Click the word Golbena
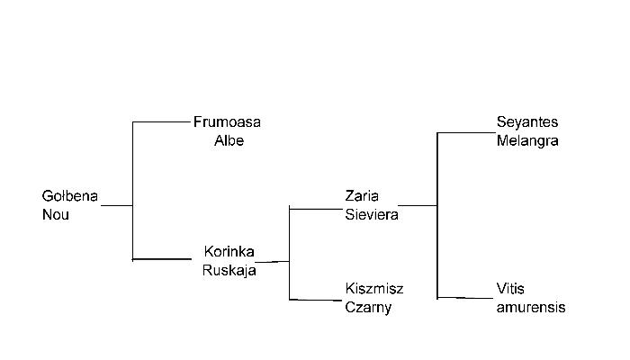point(70,196)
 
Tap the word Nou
point(56,215)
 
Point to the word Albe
point(229,141)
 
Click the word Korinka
point(229,251)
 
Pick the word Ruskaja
point(229,269)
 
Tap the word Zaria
point(362,195)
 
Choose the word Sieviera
point(372,214)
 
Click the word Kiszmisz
point(374,289)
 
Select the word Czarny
point(369,308)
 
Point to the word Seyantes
point(527,122)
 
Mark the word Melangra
point(527,141)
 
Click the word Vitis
point(510,289)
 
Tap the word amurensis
point(531,308)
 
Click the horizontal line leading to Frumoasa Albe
point(162,121)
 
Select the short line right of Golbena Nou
point(116,205)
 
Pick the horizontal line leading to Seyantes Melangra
point(464,132)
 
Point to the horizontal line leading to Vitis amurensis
point(464,297)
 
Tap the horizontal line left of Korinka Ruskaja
point(162,259)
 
